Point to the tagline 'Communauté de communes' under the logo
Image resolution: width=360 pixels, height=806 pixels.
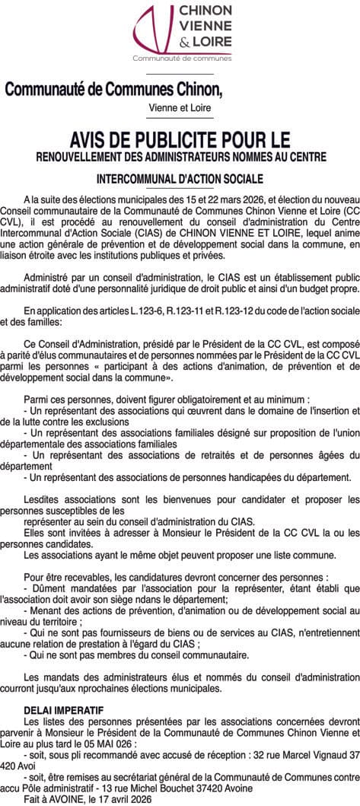[x=181, y=59]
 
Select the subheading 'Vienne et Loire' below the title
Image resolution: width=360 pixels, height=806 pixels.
[x=180, y=107]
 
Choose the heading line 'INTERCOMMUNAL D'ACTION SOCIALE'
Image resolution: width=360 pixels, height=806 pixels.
[x=180, y=179]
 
